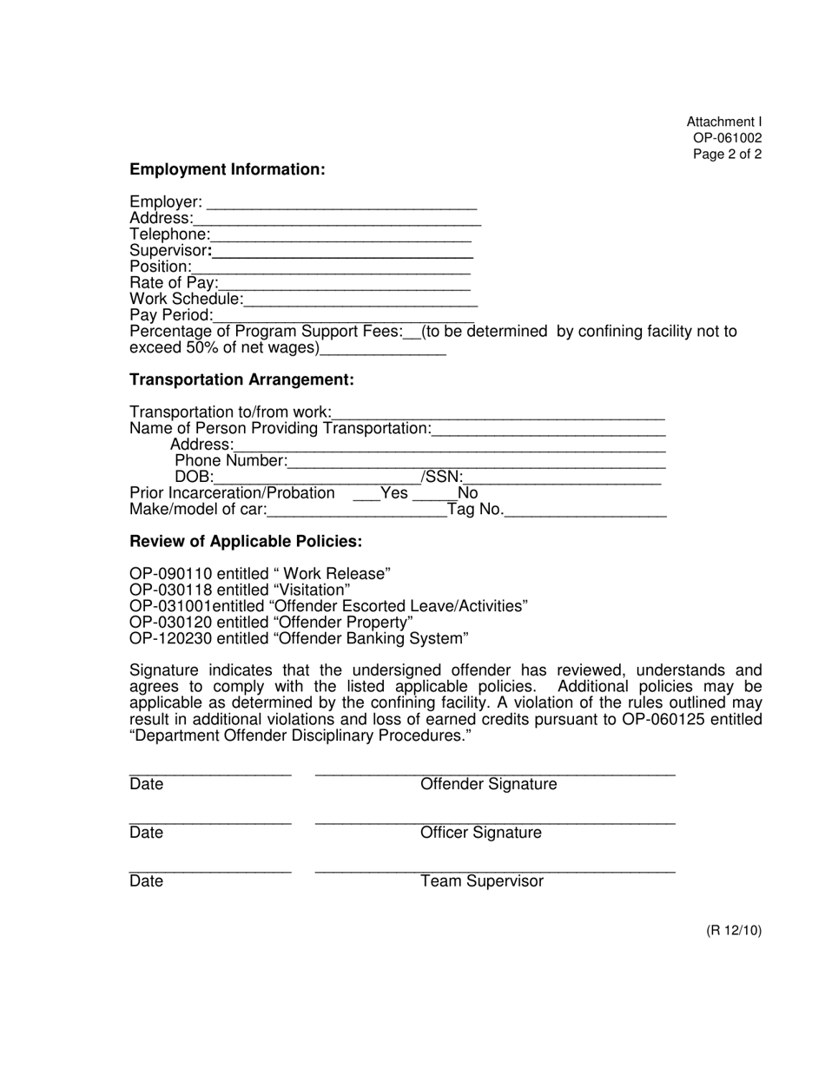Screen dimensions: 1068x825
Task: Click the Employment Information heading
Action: coord(227,169)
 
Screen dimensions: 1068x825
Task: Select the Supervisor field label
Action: coord(169,251)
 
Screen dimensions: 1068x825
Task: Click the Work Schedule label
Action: coord(186,299)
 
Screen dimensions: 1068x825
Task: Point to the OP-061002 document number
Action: coord(727,138)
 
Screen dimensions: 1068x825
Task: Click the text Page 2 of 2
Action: coord(727,155)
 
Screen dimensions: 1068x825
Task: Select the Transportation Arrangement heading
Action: coord(241,379)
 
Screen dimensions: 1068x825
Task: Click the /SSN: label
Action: coord(442,477)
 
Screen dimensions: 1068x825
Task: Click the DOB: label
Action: coord(194,477)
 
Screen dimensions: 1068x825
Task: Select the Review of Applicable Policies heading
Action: coord(246,541)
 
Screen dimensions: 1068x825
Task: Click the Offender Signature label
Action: coord(488,785)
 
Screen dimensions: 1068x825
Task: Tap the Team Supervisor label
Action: coord(482,882)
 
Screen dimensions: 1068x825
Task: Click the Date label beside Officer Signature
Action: coord(146,834)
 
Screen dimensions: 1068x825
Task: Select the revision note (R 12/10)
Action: coord(733,931)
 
